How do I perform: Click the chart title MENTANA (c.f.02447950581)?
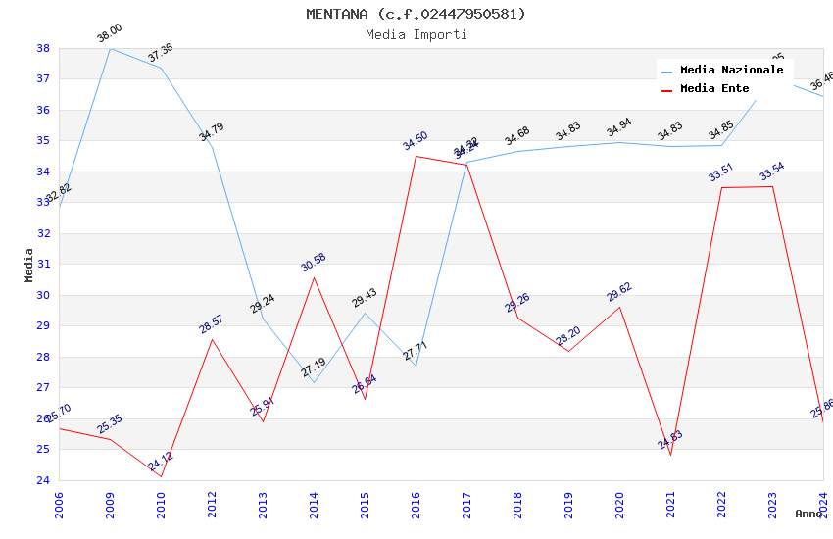click(x=416, y=14)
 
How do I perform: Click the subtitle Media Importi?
click(x=416, y=34)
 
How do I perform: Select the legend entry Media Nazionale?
click(x=731, y=71)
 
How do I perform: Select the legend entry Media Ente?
click(x=714, y=89)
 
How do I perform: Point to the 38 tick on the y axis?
click(x=43, y=48)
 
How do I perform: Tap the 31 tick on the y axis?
click(x=43, y=265)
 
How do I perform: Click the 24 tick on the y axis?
click(x=43, y=480)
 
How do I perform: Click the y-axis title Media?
click(x=29, y=265)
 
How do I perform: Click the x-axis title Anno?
click(x=808, y=514)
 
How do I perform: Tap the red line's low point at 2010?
click(x=161, y=477)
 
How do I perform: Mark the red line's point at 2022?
click(x=721, y=187)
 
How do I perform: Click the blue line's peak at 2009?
click(x=110, y=48)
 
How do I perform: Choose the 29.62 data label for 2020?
click(x=619, y=292)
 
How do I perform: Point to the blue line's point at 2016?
click(x=416, y=366)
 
